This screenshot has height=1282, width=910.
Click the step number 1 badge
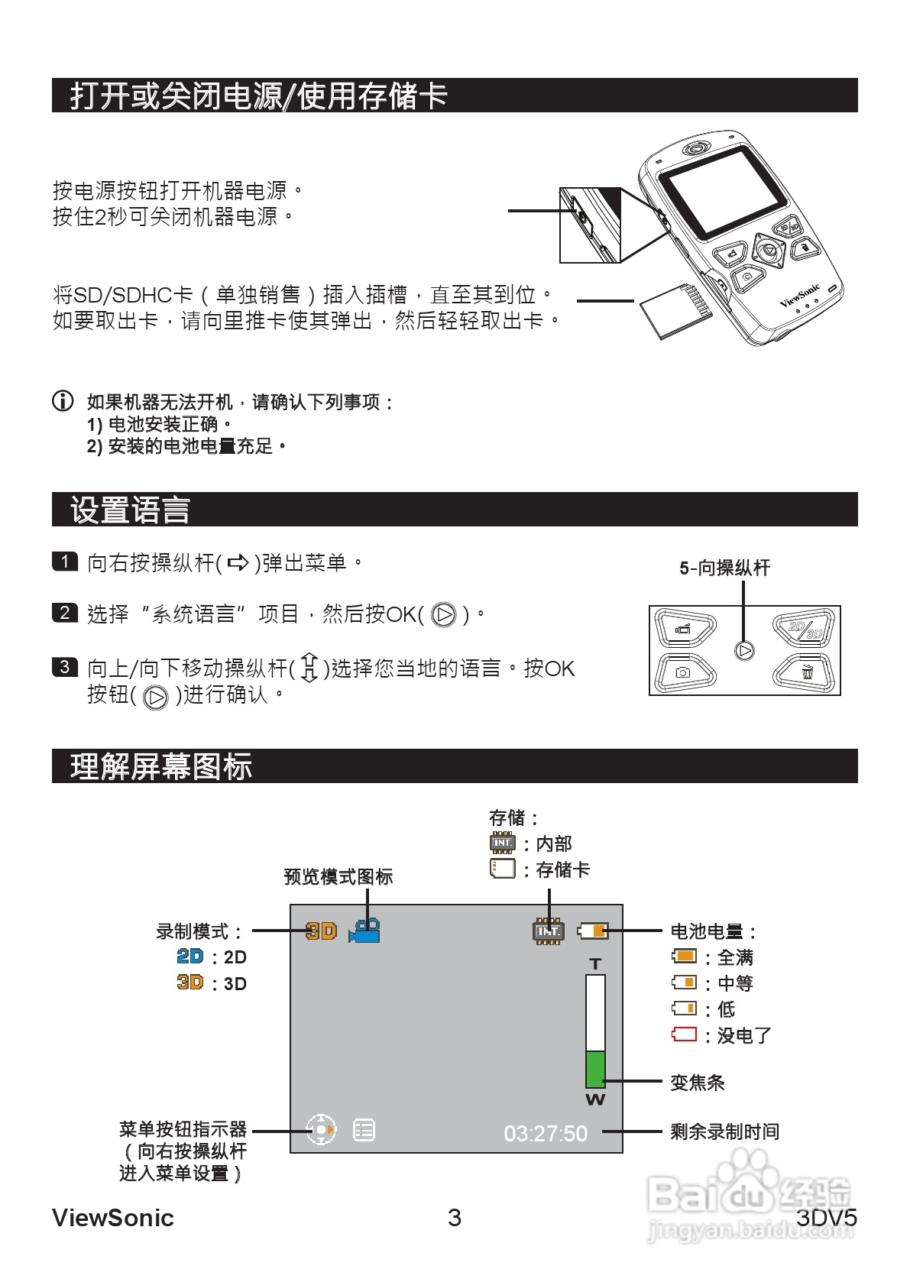65,562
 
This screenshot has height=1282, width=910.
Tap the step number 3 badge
65,667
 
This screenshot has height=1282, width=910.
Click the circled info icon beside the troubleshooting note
63,400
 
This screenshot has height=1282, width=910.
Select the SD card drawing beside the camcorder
675,310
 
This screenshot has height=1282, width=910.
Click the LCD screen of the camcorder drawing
722,191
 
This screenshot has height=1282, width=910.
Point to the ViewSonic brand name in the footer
113,1218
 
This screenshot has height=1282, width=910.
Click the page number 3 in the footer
455,1218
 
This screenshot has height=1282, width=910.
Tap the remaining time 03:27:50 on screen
546,1134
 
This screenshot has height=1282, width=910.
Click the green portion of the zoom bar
595,1069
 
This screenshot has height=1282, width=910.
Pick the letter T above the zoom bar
595,964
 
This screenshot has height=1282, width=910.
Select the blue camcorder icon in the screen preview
364,931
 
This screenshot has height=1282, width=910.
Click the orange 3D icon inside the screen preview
321,931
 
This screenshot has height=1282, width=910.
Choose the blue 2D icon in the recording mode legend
190,957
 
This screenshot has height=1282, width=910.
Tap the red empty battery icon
684,1034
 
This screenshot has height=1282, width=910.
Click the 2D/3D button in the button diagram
805,629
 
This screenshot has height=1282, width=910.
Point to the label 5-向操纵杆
724,568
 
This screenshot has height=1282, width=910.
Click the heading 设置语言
130,510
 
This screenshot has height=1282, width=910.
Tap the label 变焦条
697,1082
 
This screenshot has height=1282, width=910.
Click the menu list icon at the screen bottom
364,1130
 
